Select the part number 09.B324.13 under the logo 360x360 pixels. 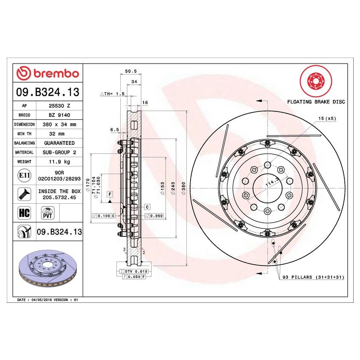coord(47,91)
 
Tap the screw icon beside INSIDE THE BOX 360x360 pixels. coord(24,194)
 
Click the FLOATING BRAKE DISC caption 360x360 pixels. coord(316,102)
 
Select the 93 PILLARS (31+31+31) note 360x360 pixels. coord(313,277)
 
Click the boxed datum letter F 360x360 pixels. coord(110,194)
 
